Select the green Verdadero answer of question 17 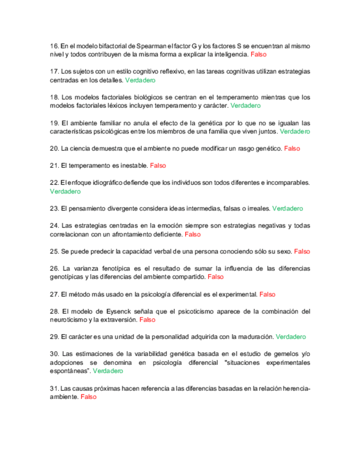pos(140,80)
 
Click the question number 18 pos(54,97)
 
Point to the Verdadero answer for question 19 pos(295,132)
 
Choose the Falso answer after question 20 pos(292,148)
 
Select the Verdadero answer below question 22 pos(65,191)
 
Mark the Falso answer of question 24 pos(193,234)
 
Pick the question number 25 pos(54,251)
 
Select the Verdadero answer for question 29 pos(291,336)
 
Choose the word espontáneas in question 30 pos(70,371)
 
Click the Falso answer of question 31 pos(88,397)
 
